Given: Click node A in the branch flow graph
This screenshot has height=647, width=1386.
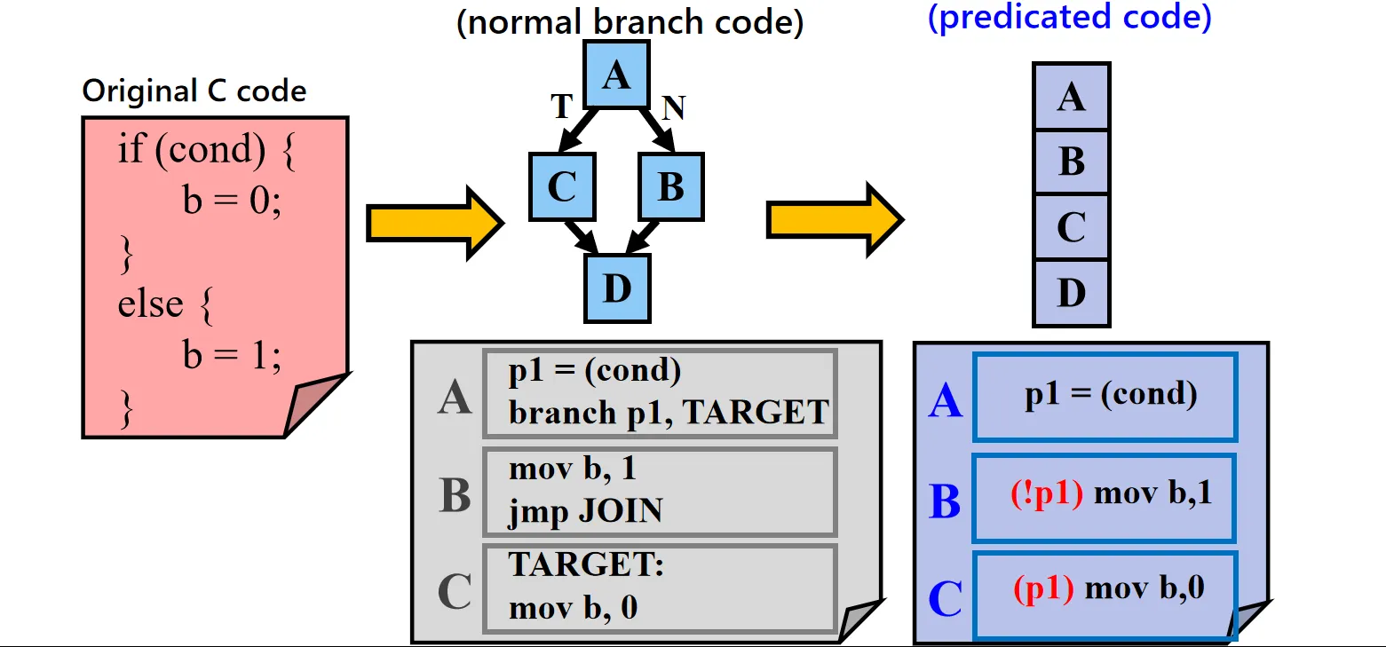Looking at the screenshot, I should coord(616,76).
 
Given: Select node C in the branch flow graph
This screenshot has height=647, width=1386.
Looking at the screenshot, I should coord(562,186).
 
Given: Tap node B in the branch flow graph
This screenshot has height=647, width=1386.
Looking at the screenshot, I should coord(671,186).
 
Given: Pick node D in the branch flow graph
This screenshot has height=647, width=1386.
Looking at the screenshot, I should coord(617,288).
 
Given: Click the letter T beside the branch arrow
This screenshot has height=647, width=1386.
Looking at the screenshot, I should coord(561,107).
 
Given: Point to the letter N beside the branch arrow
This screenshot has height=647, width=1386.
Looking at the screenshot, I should coord(674,107).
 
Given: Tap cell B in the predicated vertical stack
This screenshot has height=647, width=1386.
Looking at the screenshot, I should coord(1072,163).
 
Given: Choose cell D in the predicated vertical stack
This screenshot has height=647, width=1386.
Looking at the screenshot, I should coord(1072,293).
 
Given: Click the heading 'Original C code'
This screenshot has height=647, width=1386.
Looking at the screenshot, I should coord(194,91).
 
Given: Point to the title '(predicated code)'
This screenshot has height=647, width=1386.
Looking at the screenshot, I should coord(1069,18).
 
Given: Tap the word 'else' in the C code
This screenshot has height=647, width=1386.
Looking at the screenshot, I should coord(150,304).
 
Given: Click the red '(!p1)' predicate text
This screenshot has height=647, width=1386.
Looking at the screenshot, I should coord(1046,494).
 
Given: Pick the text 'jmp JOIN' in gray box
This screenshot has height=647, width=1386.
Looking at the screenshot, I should coord(585,510).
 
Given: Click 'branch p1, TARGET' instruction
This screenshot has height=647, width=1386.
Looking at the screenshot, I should coord(668,412).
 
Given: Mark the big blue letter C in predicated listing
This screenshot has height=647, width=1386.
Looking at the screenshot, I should coord(945,599).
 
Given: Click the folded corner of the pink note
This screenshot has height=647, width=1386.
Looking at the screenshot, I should coord(317,405).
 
